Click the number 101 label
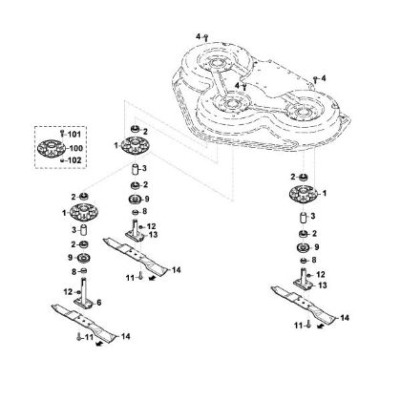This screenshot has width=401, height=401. pyautogui.click(x=74, y=135)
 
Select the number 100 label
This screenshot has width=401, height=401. pyautogui.click(x=75, y=148)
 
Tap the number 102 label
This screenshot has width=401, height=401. pyautogui.click(x=74, y=160)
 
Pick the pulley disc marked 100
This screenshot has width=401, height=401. pyautogui.click(x=52, y=149)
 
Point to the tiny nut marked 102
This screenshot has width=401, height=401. pyautogui.click(x=62, y=160)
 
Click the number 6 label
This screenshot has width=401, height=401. pyautogui.click(x=99, y=303)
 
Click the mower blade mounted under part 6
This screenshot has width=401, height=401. pyautogui.click(x=84, y=321)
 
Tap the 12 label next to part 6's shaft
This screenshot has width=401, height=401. pyautogui.click(x=68, y=291)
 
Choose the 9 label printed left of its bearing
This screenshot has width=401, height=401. pyautogui.click(x=71, y=257)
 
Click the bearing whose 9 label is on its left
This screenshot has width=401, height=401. pyautogui.click(x=84, y=257)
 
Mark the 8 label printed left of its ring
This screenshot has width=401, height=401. pyautogui.click(x=74, y=272)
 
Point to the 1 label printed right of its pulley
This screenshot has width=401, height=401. pyautogui.click(x=325, y=193)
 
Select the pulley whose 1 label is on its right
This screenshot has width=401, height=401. pyautogui.click(x=304, y=194)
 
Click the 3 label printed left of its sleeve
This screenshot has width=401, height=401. pyautogui.click(x=74, y=230)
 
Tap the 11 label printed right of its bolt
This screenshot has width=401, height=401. pyautogui.click(x=89, y=336)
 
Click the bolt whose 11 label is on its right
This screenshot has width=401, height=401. pyautogui.click(x=79, y=337)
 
